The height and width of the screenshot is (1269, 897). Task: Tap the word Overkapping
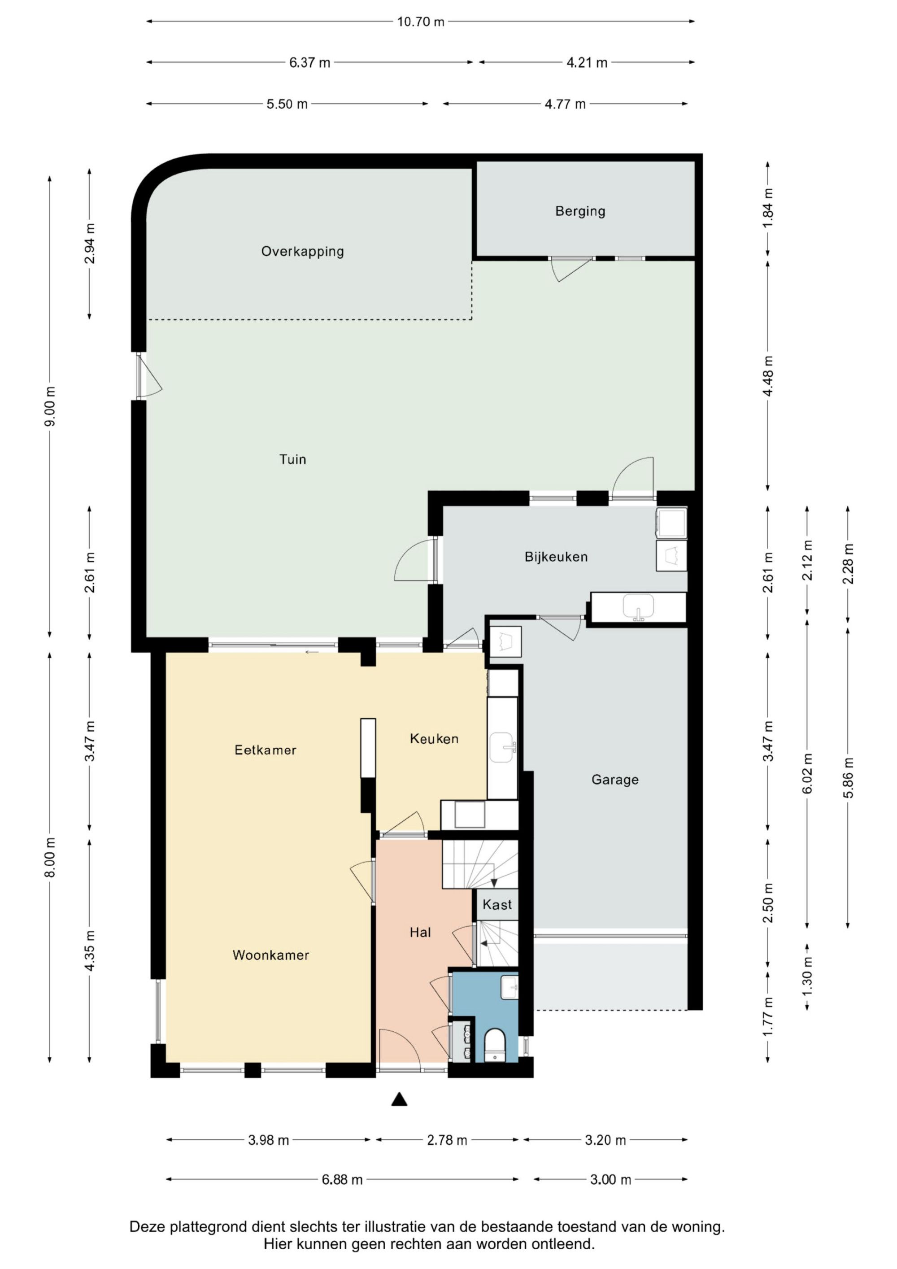(302, 252)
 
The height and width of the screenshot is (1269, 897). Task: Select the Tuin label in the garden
(292, 459)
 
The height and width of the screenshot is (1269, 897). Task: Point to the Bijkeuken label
(556, 557)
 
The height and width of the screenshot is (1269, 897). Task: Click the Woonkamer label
(270, 955)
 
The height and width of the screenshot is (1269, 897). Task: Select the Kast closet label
(497, 905)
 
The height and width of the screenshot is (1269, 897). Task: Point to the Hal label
(420, 933)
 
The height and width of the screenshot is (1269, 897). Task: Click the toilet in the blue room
(495, 1045)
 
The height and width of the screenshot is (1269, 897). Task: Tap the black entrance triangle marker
(399, 1099)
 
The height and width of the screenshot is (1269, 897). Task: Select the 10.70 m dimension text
(421, 22)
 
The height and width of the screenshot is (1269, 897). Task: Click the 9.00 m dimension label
(50, 406)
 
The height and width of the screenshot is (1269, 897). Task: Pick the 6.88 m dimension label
(342, 1179)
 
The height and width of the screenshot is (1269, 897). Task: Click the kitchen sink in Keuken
(502, 747)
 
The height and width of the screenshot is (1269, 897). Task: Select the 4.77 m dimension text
(565, 104)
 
